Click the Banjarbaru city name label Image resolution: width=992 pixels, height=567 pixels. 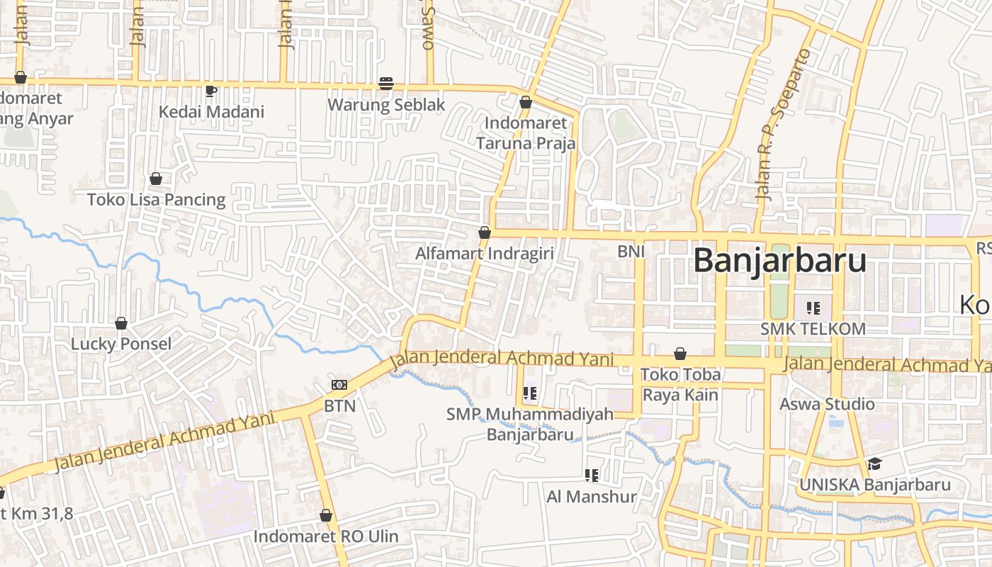click(779, 260)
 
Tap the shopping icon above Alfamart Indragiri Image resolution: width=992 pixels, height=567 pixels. click(485, 232)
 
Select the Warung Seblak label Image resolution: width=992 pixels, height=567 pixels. click(386, 105)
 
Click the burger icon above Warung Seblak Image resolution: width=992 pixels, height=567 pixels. click(386, 84)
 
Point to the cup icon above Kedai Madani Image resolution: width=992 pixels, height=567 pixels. click(210, 90)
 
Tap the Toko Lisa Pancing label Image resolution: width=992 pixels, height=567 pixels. click(156, 200)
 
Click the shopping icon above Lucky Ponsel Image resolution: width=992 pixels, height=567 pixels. click(121, 323)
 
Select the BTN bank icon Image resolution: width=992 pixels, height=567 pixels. click(339, 385)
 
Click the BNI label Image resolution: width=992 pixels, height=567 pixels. click(631, 251)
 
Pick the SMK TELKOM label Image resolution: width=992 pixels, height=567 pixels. click(813, 329)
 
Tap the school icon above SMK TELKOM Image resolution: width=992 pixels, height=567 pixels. click(813, 308)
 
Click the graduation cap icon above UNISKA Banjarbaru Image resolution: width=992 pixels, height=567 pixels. click(874, 464)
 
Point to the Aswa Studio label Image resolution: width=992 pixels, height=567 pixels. click(827, 404)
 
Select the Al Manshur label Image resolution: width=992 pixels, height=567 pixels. click(592, 497)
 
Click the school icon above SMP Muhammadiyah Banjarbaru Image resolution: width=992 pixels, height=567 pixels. click(529, 393)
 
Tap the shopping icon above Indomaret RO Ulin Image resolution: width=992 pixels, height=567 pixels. click(326, 515)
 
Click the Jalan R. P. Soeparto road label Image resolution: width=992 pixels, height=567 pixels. click(782, 125)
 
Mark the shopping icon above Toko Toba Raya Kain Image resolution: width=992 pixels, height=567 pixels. click(680, 354)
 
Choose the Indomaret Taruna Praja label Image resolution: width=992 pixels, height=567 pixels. click(525, 133)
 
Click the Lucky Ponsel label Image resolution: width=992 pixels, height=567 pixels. click(121, 344)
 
